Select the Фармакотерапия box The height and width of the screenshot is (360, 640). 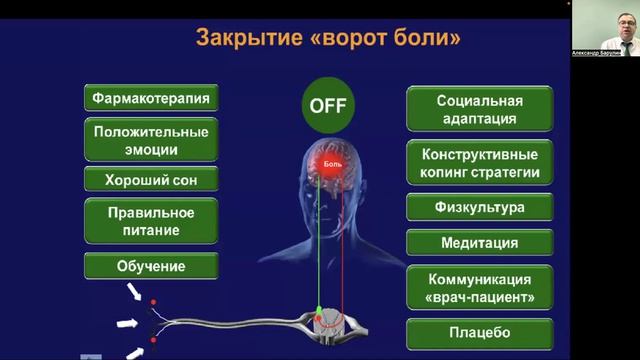click(x=152, y=99)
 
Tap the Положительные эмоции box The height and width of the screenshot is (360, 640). click(x=152, y=141)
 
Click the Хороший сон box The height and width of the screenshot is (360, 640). click(x=152, y=181)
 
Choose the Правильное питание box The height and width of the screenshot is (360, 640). click(x=152, y=221)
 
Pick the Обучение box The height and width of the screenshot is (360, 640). click(x=152, y=266)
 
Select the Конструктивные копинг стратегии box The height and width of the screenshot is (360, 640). click(x=480, y=164)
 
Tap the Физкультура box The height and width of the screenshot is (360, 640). click(x=480, y=208)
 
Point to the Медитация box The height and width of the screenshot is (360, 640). click(x=480, y=243)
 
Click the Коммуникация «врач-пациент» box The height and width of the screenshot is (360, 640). click(x=480, y=289)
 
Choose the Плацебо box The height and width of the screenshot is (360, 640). click(x=480, y=332)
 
